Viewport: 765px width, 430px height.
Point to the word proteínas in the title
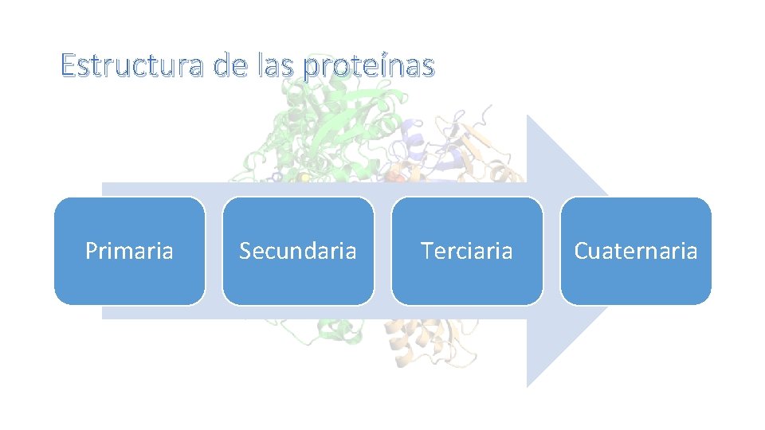coord(369,67)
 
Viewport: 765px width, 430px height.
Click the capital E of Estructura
coord(68,65)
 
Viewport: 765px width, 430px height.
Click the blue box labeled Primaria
coord(129,251)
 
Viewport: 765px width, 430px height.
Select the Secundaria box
coord(298,251)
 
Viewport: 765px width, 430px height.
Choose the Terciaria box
coord(467,251)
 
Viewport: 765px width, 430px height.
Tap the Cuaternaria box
coord(636,251)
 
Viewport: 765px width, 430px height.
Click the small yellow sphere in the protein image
coord(304,177)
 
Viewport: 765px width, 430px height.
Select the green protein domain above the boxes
coord(335,119)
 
